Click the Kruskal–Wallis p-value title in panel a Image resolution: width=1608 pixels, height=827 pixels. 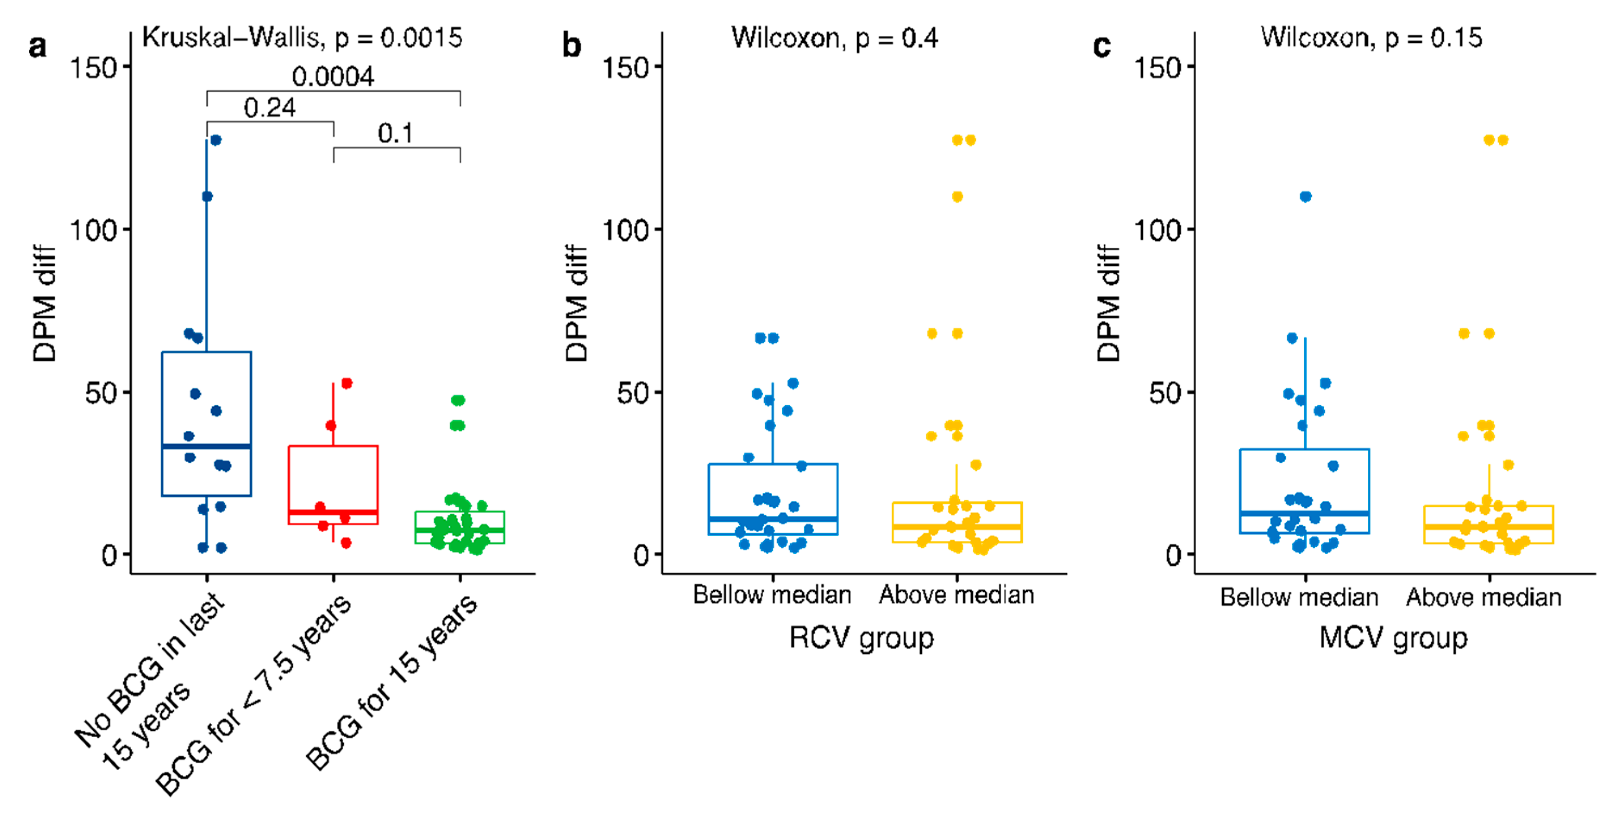click(x=302, y=38)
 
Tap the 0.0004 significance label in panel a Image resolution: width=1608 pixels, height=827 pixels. click(x=333, y=77)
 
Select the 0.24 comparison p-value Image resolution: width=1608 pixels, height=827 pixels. click(x=270, y=108)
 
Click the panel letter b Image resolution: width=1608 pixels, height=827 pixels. click(x=572, y=46)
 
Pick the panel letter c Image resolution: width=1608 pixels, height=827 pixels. click(x=1102, y=46)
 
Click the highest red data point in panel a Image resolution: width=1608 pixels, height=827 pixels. click(x=346, y=383)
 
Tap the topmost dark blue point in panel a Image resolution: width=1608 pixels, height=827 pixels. click(x=215, y=140)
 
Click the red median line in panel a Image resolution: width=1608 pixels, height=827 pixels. click(x=333, y=512)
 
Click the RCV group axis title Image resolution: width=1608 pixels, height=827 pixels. click(x=862, y=638)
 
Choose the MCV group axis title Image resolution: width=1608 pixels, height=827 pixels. click(x=1393, y=638)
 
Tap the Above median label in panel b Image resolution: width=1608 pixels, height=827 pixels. click(x=956, y=595)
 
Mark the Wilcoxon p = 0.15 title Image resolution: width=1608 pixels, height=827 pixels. click(x=1371, y=38)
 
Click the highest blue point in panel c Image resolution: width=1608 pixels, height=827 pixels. click(x=1305, y=196)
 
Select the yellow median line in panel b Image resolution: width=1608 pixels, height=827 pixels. click(x=956, y=527)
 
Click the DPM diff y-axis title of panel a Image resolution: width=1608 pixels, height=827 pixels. click(x=44, y=303)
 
